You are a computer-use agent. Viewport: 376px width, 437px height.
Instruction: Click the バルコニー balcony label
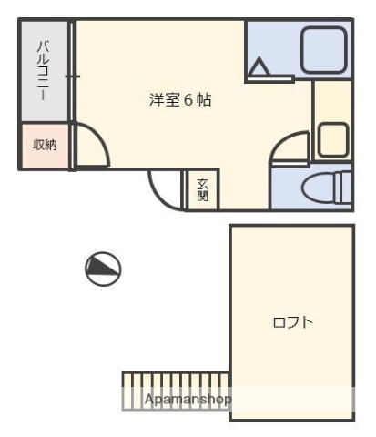[42, 70]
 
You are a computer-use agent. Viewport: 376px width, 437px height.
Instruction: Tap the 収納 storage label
[45, 146]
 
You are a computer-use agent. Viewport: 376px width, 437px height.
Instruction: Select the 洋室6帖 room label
[180, 100]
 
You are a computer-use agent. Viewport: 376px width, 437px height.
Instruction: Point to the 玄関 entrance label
[202, 190]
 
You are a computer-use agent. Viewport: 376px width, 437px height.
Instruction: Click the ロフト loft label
[293, 322]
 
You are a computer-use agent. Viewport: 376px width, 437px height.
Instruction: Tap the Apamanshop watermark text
[188, 400]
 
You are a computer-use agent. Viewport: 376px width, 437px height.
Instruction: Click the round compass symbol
[103, 267]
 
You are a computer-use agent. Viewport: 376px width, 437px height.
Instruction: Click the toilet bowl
[318, 189]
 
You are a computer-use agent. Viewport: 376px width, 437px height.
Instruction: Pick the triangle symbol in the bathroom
[259, 67]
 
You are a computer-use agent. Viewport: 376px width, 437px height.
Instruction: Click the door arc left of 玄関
[165, 188]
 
